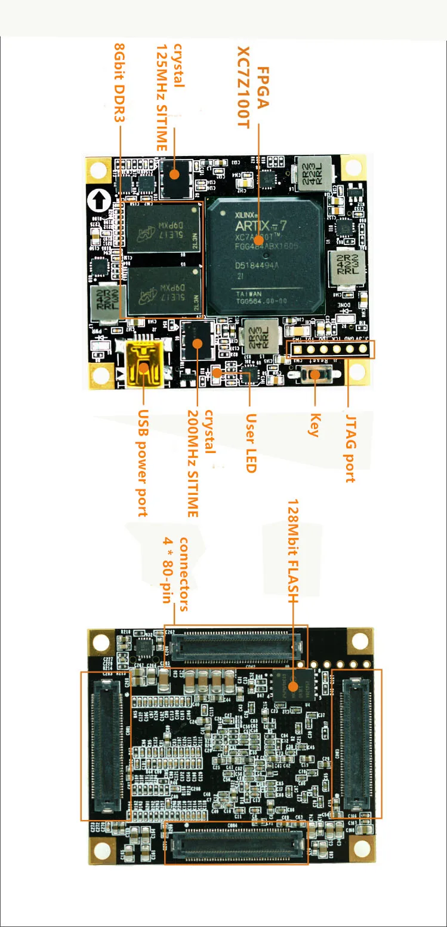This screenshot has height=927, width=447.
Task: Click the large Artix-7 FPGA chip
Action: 265,256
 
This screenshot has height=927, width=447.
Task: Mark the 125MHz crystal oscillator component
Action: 174,175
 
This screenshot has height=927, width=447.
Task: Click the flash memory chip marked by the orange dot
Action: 292,686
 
